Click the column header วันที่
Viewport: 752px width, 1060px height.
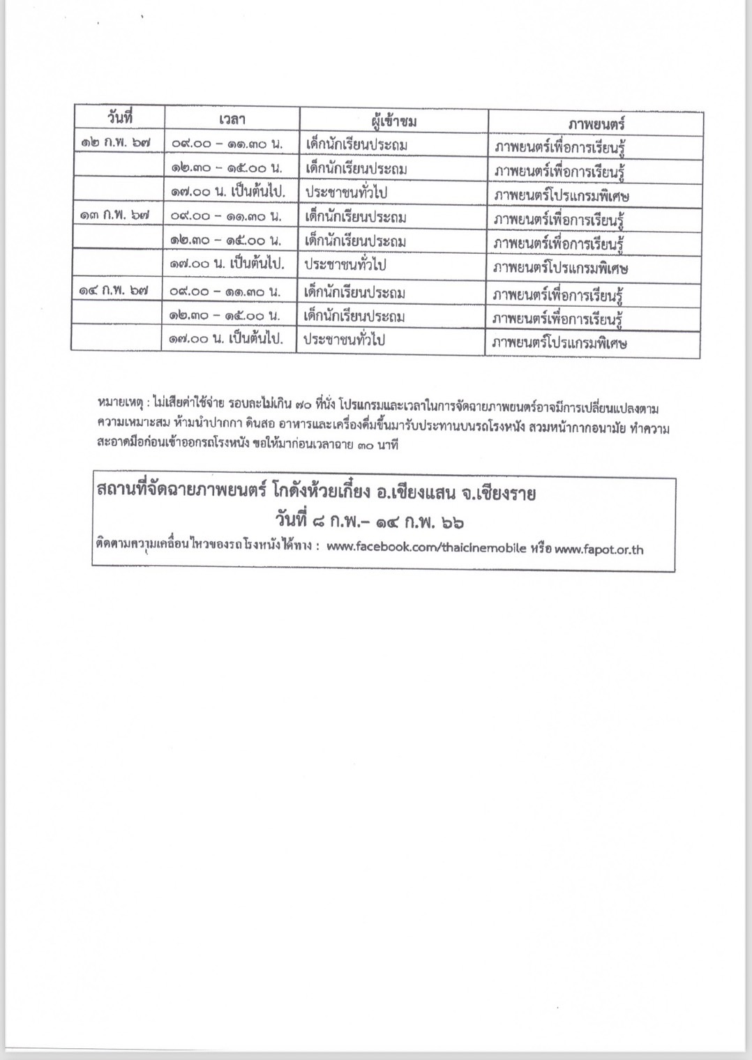tap(120, 117)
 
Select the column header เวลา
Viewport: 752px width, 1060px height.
tap(232, 120)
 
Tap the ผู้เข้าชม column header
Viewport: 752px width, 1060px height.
tap(394, 122)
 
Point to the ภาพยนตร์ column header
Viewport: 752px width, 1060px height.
tap(596, 125)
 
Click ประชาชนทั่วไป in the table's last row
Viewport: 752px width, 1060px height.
tap(345, 340)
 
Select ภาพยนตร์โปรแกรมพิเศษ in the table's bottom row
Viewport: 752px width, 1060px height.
tap(559, 343)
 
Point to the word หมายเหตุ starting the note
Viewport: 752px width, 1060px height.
tap(120, 402)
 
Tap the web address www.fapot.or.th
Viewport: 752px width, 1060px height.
tap(599, 550)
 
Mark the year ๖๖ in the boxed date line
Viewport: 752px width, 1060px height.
tap(453, 522)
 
